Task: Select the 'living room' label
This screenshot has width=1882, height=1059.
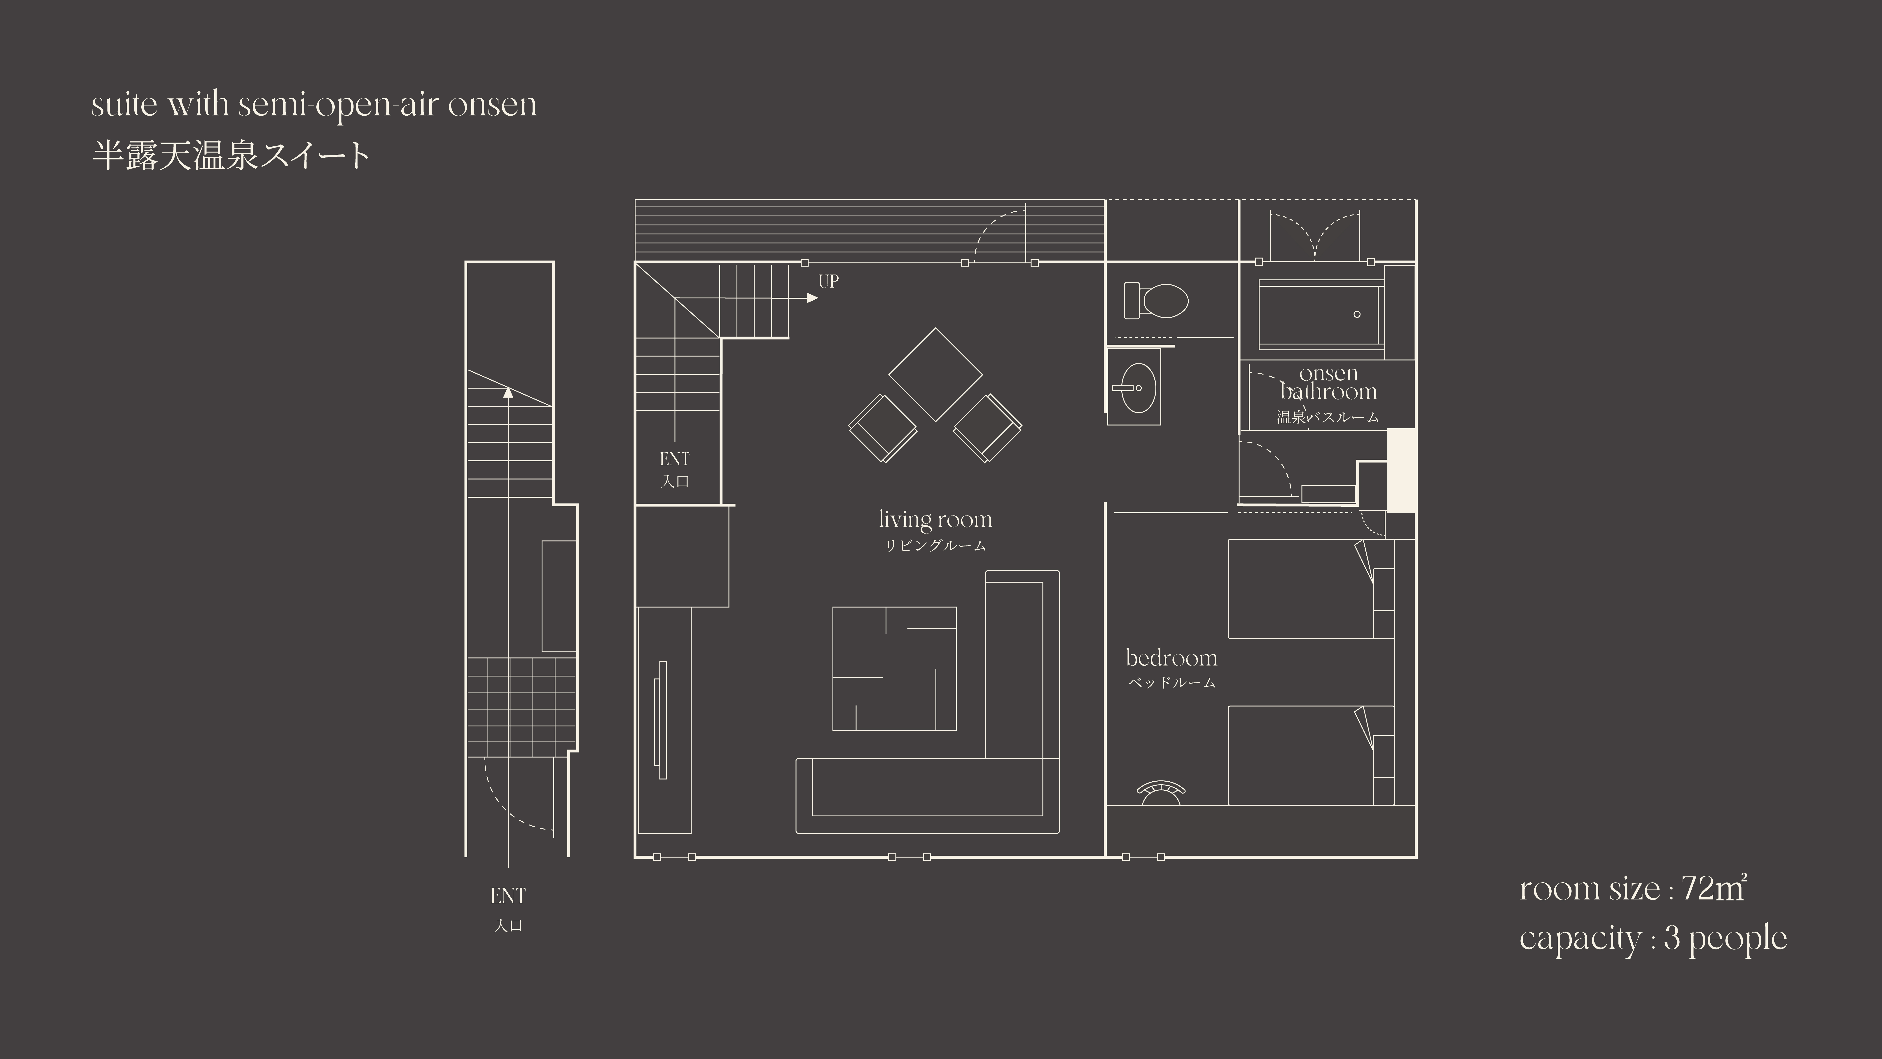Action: click(935, 520)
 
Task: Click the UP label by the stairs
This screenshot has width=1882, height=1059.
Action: click(828, 281)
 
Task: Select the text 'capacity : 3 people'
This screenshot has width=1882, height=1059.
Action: click(1653, 938)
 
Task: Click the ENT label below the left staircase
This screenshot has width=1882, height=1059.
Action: click(508, 896)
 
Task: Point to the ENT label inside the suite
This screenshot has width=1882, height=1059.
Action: click(674, 459)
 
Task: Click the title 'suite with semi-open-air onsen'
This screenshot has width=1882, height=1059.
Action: click(314, 105)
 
